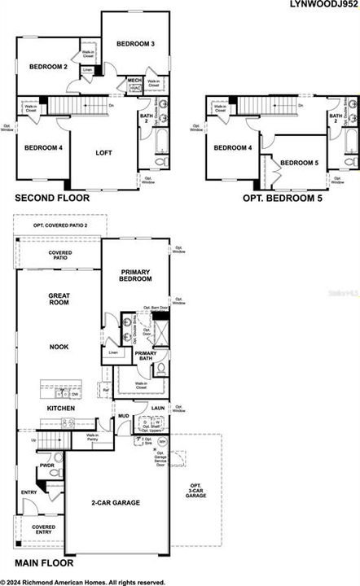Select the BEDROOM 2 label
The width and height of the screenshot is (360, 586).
tap(48, 66)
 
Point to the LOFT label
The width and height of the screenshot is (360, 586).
tap(103, 152)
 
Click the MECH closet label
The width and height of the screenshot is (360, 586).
tap(134, 80)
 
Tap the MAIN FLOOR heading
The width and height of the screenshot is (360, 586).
tap(44, 562)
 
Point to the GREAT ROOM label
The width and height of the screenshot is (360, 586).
tap(59, 303)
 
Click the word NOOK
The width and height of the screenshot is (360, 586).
tap(59, 346)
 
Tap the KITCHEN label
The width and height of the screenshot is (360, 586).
tap(61, 408)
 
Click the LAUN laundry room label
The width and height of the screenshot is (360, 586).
tap(158, 408)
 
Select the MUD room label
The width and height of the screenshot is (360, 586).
tap(123, 415)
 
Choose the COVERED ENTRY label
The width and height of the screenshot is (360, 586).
tap(43, 531)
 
